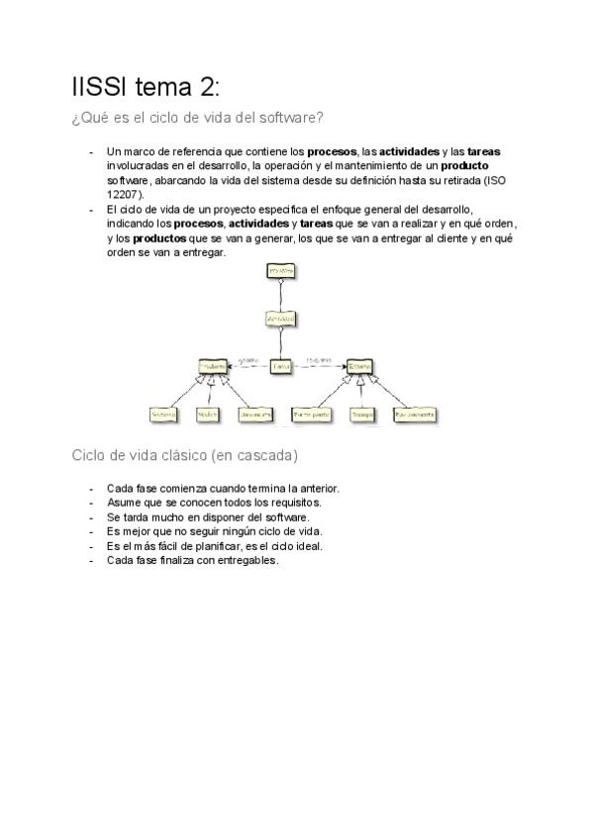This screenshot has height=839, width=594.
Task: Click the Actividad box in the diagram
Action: [282, 319]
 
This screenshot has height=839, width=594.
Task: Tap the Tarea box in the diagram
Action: [282, 366]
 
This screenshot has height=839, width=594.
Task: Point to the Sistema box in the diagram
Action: [163, 414]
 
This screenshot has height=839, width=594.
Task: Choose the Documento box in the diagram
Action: [255, 414]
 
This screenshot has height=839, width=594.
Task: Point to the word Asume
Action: [122, 503]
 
